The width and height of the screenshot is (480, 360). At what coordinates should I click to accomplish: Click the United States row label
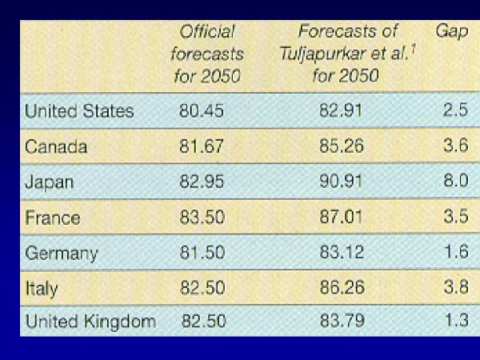pos(79,111)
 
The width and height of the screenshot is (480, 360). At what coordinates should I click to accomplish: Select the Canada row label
pos(56,147)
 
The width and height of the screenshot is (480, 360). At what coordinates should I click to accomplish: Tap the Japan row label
pos(50,182)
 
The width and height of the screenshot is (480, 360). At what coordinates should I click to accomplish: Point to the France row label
pos(53,218)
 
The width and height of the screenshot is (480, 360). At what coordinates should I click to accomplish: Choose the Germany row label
pos(62,254)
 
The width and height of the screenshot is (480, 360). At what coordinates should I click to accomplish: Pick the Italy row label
pos(42,288)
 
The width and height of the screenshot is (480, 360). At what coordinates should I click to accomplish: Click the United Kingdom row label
pos(90,322)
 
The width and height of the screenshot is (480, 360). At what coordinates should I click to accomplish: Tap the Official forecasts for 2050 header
pos(207,55)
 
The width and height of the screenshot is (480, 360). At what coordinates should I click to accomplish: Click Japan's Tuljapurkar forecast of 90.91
pos(340,182)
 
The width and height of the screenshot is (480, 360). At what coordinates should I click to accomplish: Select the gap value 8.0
pos(455,182)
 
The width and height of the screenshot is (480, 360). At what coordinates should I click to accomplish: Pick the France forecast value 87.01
pos(340,218)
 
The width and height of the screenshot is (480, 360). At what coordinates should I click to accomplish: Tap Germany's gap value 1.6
pos(455,254)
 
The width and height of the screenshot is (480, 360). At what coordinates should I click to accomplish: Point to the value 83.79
pos(340,322)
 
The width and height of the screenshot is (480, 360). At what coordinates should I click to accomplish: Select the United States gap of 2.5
pos(455,111)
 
